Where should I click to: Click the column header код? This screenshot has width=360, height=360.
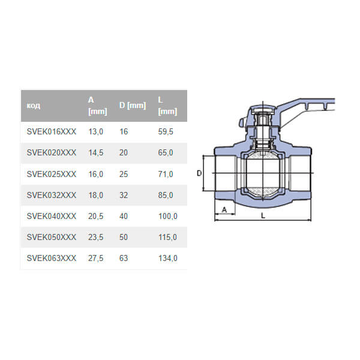click(34, 106)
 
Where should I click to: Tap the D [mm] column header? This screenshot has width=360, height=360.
click(132, 106)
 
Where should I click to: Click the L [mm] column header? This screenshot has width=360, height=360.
click(167, 106)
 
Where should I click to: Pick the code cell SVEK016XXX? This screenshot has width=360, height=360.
click(52, 131)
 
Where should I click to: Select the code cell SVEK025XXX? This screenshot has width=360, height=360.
click(52, 174)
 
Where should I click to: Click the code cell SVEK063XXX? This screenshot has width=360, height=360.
click(52, 258)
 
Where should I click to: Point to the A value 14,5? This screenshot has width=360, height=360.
click(96, 153)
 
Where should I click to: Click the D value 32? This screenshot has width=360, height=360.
click(124, 195)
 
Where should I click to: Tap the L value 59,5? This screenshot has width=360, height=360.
click(165, 131)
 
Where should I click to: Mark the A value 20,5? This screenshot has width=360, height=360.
click(96, 216)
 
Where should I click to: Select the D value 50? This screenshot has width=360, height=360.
click(124, 237)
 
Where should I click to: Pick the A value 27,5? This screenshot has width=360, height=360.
click(96, 258)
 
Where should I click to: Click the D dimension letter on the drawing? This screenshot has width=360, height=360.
click(199, 173)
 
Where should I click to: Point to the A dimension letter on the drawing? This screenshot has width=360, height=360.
click(224, 209)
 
